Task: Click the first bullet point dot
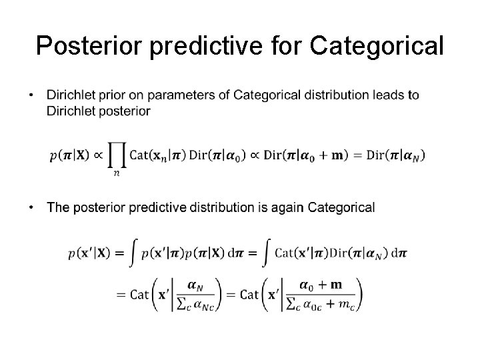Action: (33, 95)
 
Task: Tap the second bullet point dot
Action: (33, 208)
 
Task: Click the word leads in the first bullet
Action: (389, 95)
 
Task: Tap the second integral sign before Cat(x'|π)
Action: (265, 254)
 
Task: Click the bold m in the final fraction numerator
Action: (337, 285)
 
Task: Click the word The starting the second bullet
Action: (58, 208)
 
